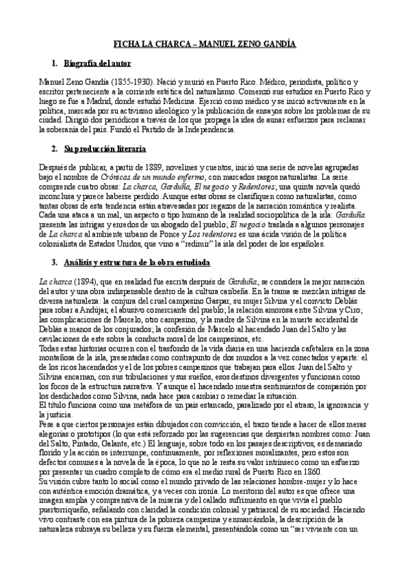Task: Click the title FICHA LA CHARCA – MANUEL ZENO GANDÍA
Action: (205, 44)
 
